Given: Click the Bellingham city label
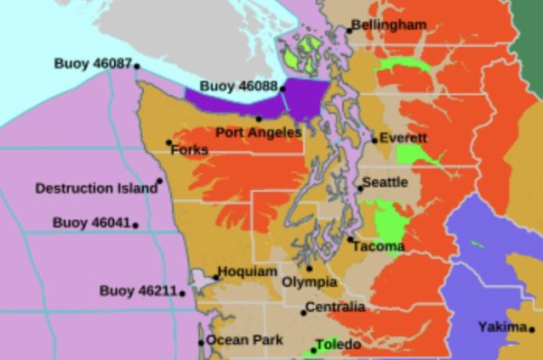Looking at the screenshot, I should (x=388, y=24).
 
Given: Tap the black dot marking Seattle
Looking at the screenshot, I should (x=359, y=188).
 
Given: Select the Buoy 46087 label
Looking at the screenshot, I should (x=92, y=64).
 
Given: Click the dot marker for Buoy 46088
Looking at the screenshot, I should (x=283, y=89).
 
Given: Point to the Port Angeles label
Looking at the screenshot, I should (x=259, y=132).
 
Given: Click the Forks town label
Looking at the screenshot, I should (x=189, y=149).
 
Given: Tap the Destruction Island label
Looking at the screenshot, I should (x=95, y=188).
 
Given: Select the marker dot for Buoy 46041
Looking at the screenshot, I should (x=136, y=225).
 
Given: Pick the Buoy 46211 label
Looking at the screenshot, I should (x=138, y=290).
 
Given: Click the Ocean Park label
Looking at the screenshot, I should (x=243, y=340).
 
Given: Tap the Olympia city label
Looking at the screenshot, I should (x=310, y=281).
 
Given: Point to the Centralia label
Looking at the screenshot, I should (x=335, y=308).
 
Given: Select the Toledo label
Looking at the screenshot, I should (x=338, y=345).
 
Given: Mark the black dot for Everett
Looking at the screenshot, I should (x=375, y=140).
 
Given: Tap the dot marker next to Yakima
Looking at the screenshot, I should (x=531, y=329).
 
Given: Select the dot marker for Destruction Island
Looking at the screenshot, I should (x=159, y=181).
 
